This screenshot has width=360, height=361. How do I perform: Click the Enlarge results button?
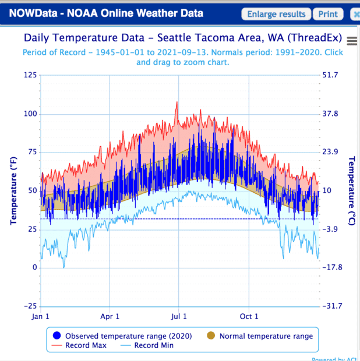(276, 14)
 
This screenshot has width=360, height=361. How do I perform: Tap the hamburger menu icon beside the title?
(351, 40)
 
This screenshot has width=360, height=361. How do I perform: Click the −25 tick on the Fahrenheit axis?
(29, 306)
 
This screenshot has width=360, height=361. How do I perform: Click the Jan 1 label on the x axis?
(41, 317)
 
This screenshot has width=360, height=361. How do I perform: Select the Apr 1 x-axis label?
(110, 317)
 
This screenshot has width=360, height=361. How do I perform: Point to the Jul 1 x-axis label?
(179, 317)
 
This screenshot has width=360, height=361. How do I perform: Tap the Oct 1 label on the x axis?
(249, 317)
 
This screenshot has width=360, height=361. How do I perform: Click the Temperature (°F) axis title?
(13, 191)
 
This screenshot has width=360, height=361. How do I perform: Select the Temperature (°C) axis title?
(351, 191)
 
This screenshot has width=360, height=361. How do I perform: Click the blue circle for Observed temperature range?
(57, 336)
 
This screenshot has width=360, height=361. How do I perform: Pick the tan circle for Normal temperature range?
(211, 336)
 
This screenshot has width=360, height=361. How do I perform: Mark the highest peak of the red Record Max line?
(177, 102)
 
